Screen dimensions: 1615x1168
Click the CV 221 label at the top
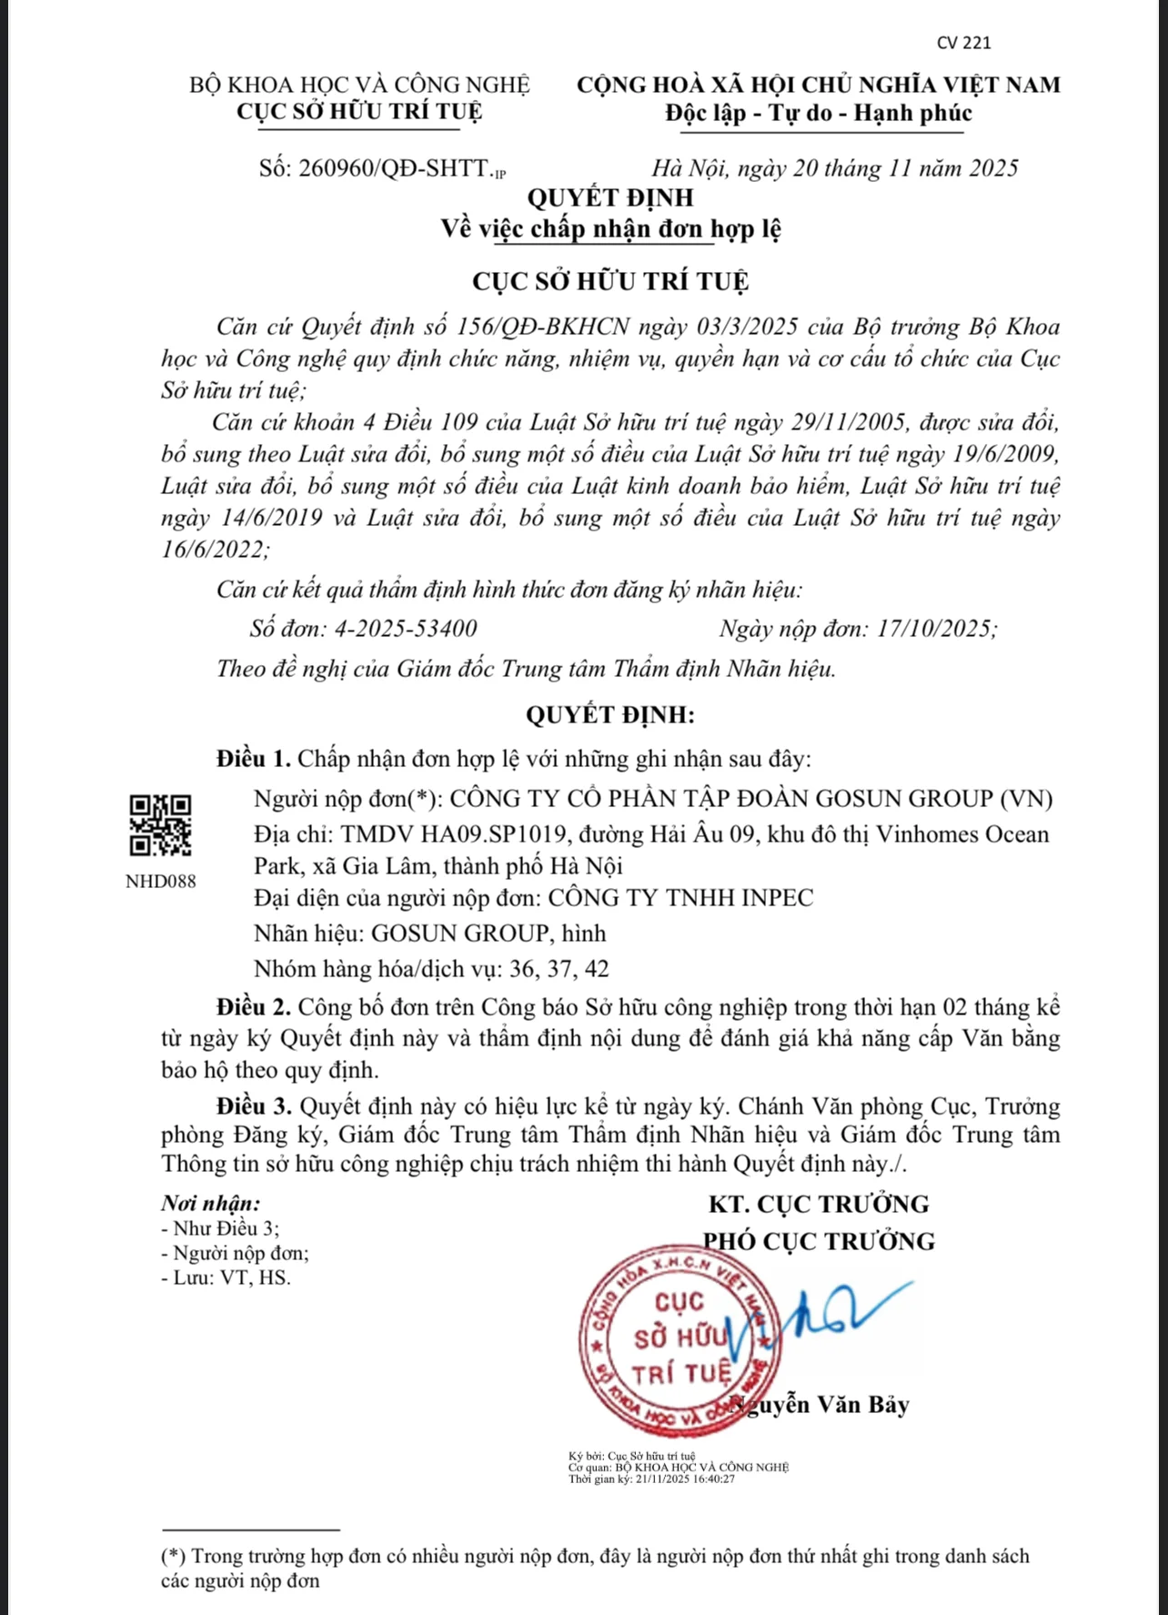(x=963, y=43)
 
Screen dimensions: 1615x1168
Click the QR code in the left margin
(x=160, y=825)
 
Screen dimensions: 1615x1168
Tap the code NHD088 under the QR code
(x=160, y=882)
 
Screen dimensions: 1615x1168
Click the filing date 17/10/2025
(x=934, y=629)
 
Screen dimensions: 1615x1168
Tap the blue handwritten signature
(x=819, y=1315)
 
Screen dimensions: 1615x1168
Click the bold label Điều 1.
(x=254, y=759)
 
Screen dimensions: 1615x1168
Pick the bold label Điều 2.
(x=254, y=1007)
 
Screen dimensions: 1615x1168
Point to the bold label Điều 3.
(x=254, y=1106)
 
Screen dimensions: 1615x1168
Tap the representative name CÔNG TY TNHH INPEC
(x=680, y=898)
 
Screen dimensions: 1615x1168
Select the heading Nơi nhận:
(x=211, y=1203)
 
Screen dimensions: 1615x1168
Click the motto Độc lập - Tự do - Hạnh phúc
(x=819, y=114)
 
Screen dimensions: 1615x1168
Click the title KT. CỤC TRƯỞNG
(x=819, y=1204)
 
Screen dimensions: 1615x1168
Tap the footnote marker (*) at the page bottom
(x=174, y=1556)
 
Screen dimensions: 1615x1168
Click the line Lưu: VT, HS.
(x=227, y=1277)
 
